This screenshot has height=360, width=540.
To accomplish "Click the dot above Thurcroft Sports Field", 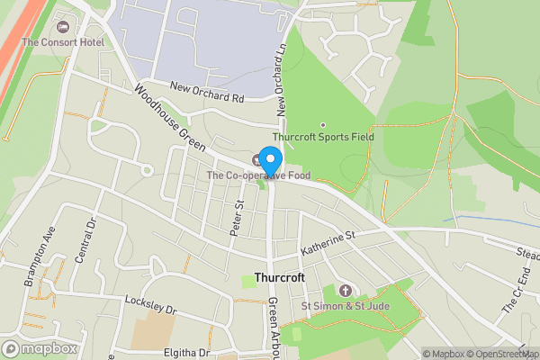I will click(x=323, y=125).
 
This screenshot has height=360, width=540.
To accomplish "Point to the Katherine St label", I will click(x=329, y=239).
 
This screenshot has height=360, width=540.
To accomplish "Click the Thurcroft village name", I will click(x=280, y=278).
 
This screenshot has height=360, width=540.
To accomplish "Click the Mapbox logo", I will click(x=40, y=348).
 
